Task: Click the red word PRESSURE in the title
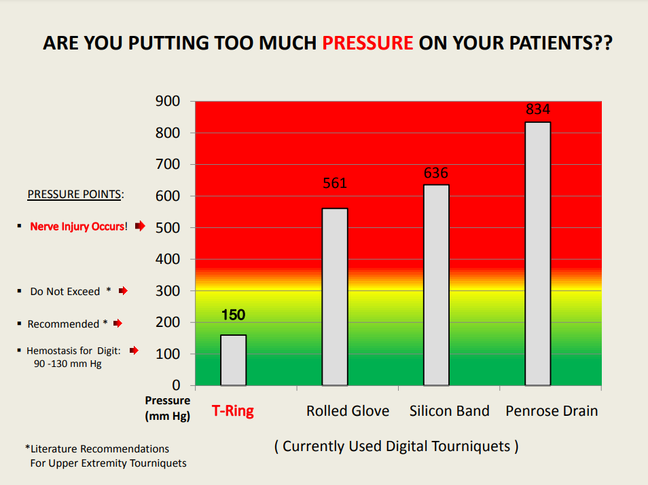[367, 43]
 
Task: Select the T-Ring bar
[233, 360]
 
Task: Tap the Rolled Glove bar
[335, 296]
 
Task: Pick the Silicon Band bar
[436, 285]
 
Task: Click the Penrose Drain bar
[537, 254]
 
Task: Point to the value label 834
[537, 109]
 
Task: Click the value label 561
[335, 183]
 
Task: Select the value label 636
[436, 173]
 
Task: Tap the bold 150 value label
[233, 315]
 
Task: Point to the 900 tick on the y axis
[168, 102]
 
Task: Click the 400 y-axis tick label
[168, 260]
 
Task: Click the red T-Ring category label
[233, 411]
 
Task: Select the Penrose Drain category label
[552, 411]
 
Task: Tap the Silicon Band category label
[450, 411]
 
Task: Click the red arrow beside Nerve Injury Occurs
[140, 227]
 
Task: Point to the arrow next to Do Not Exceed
[123, 291]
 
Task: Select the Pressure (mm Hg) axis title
[168, 408]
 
